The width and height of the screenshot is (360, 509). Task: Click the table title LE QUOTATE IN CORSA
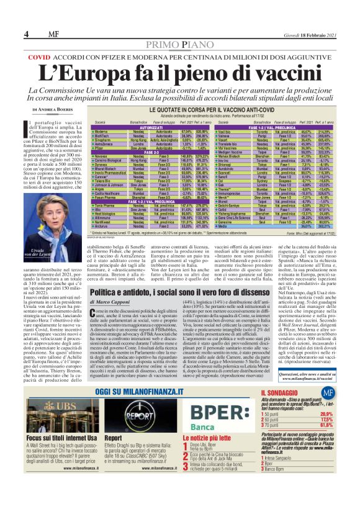point(204,109)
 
